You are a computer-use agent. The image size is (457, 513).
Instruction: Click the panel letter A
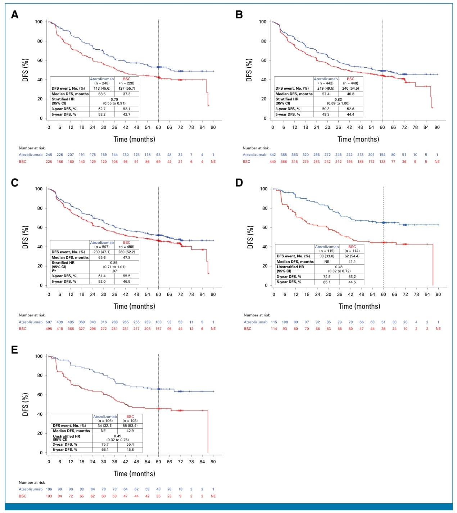(15, 15)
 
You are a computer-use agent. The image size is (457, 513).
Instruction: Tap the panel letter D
(239, 183)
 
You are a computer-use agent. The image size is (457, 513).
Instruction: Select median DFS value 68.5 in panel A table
(102, 94)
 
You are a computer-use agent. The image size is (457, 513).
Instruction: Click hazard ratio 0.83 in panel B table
(338, 99)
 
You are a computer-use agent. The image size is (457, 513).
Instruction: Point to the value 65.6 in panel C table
(102, 257)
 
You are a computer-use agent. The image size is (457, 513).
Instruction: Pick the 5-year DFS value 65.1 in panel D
(327, 282)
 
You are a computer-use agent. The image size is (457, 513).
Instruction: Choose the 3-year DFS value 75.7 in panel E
(105, 444)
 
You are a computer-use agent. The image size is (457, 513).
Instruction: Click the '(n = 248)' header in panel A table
(102, 83)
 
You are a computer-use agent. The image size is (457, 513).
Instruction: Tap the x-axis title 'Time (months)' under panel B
(358, 139)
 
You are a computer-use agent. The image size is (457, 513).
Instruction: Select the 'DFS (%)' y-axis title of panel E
(26, 404)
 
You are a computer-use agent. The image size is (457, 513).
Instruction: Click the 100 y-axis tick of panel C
(39, 189)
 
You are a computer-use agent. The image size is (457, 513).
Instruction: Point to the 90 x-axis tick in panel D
(438, 294)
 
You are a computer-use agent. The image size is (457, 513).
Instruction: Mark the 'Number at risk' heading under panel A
(32, 148)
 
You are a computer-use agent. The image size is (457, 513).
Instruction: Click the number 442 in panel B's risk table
(273, 155)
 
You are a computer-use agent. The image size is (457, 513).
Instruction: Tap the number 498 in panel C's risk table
(49, 329)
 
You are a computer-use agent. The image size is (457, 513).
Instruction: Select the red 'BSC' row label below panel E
(23, 496)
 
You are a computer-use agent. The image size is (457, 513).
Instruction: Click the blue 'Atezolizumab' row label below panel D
(255, 322)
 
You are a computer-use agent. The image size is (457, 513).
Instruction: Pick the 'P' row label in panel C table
(54, 270)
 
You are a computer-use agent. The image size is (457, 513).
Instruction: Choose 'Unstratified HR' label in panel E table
(67, 436)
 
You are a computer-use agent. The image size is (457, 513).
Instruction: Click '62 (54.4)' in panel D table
(352, 256)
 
